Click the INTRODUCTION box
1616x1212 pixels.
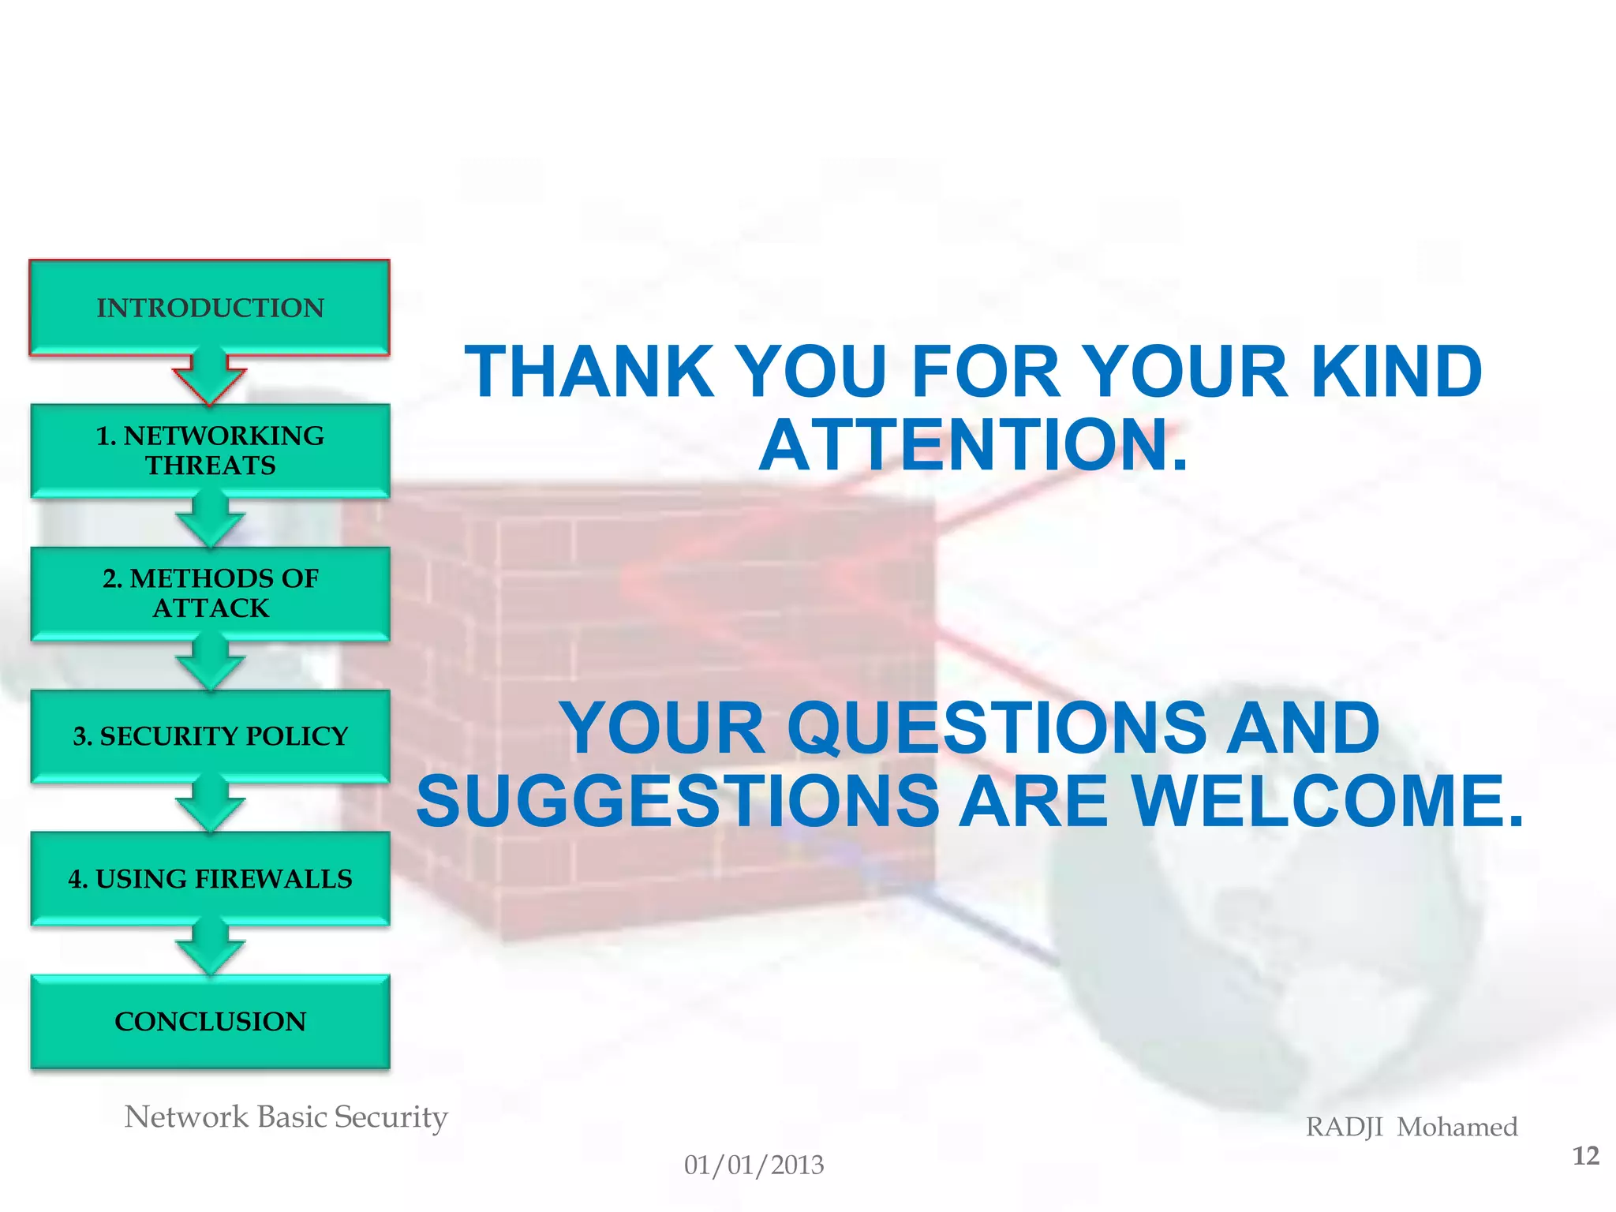[210, 307]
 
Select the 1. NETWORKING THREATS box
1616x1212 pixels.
[210, 450]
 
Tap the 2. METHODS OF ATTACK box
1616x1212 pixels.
[210, 593]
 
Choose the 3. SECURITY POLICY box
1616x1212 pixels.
[210, 735]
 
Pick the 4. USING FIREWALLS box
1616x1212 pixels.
[210, 878]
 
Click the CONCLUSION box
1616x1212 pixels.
[210, 1021]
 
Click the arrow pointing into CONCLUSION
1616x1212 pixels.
[210, 949]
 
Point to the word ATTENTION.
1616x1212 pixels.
[972, 445]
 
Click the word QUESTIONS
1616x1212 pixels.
[997, 728]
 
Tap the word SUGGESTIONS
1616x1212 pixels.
[678, 801]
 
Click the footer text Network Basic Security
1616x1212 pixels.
[286, 1117]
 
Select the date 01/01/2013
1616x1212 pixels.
[754, 1165]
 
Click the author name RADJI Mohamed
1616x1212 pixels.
[1411, 1127]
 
